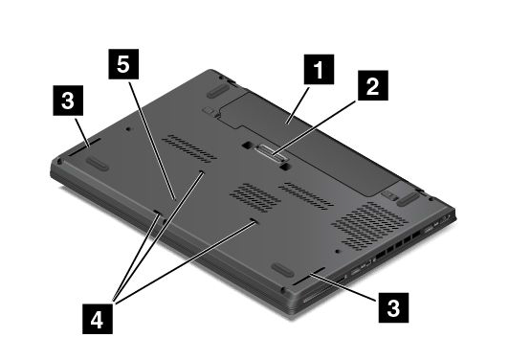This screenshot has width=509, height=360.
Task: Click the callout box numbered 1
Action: point(319,70)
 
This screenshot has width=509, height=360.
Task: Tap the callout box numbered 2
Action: point(373,85)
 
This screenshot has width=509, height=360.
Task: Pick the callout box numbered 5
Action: point(123,64)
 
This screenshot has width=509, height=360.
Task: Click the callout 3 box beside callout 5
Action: point(68,101)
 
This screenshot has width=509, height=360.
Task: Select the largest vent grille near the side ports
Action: point(369,226)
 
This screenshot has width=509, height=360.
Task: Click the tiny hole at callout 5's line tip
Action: point(175,199)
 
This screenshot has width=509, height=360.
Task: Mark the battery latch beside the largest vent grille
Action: point(389,195)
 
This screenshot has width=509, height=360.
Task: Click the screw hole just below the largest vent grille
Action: point(338,251)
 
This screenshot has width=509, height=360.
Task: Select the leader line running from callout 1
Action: point(298,104)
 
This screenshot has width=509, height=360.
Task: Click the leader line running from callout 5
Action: point(152,140)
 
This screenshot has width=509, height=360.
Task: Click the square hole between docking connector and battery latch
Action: point(284,166)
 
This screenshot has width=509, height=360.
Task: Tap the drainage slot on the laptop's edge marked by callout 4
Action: point(157,212)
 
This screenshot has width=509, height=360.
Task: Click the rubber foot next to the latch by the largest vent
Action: point(408,199)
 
